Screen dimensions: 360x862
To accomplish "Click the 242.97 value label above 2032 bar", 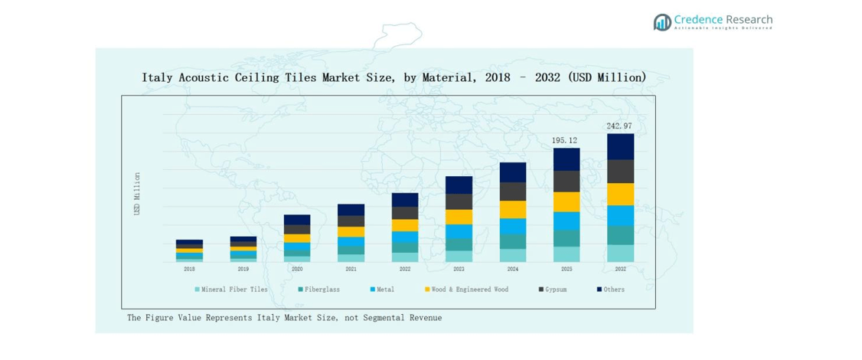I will [x=619, y=126].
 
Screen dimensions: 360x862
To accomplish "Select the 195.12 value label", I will [x=566, y=140].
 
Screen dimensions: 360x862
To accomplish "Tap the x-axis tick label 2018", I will [x=189, y=269].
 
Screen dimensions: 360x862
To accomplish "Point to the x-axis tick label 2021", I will [x=351, y=269].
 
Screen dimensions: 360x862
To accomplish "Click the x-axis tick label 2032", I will [x=620, y=269].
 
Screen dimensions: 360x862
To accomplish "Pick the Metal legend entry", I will [x=385, y=290].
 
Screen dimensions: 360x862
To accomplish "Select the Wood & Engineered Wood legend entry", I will [x=466, y=290].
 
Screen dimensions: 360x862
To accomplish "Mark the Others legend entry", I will [x=613, y=290].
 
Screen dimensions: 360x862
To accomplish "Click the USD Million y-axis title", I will [x=138, y=193].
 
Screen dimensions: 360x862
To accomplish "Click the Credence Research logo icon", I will [x=661, y=22].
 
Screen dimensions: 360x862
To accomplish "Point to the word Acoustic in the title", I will [x=209, y=77].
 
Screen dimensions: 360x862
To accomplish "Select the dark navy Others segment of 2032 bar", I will [x=620, y=146].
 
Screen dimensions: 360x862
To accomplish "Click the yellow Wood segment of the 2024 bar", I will [x=513, y=209].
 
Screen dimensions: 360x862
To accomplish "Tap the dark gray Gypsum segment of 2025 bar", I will [x=567, y=181].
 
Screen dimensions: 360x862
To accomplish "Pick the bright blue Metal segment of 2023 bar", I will [x=459, y=231].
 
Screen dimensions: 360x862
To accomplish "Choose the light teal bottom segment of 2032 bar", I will [x=620, y=253].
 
